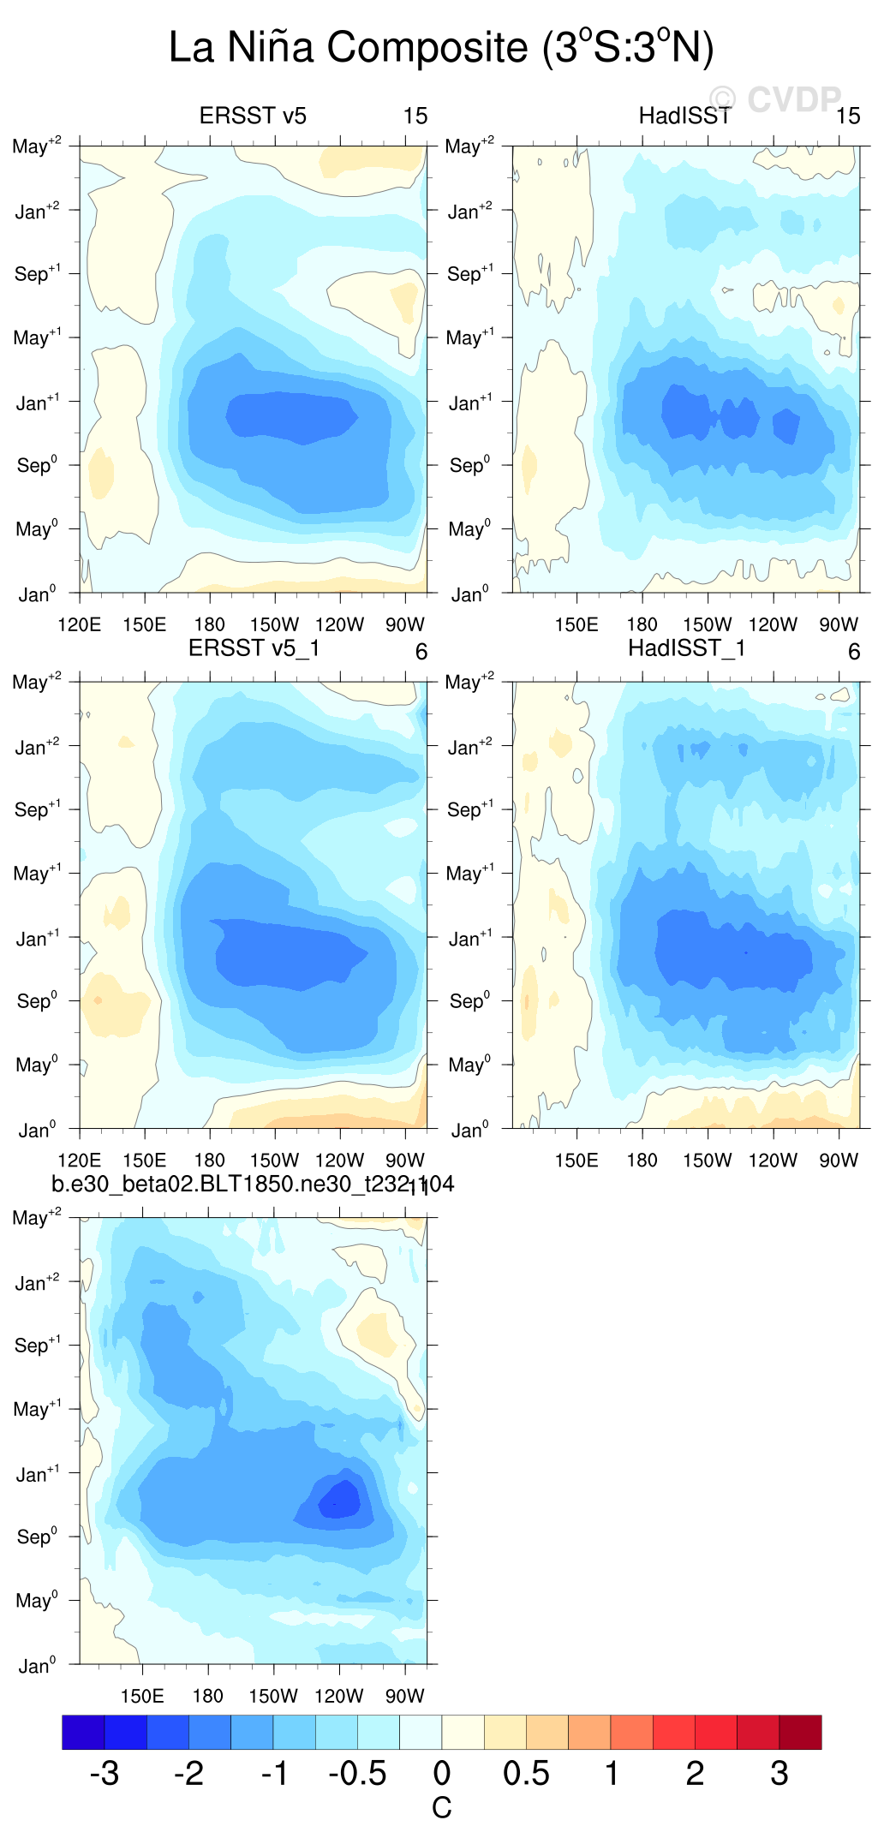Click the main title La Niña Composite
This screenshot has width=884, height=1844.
[x=441, y=47]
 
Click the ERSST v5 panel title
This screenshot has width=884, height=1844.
[x=253, y=116]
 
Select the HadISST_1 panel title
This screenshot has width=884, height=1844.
[x=687, y=648]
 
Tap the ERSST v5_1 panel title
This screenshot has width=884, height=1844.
[x=254, y=648]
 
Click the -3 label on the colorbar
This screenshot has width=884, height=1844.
[x=104, y=1773]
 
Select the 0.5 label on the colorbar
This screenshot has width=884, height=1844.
[x=526, y=1773]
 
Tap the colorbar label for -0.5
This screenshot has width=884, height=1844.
[x=357, y=1773]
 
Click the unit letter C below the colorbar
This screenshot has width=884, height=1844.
[x=441, y=1808]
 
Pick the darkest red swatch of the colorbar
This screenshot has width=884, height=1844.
[x=800, y=1732]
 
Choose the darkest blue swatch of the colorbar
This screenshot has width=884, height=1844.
[x=83, y=1732]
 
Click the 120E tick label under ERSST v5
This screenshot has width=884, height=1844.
[x=79, y=624]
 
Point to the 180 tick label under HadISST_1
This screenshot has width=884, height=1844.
[x=642, y=1161]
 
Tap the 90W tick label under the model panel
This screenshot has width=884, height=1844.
[x=404, y=1696]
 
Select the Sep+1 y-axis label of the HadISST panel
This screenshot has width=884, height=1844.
[x=469, y=273]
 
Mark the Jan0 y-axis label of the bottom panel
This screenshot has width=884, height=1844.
[x=37, y=1666]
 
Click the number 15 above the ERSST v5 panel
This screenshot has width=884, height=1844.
[x=415, y=116]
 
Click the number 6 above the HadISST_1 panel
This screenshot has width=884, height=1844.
[x=854, y=652]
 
